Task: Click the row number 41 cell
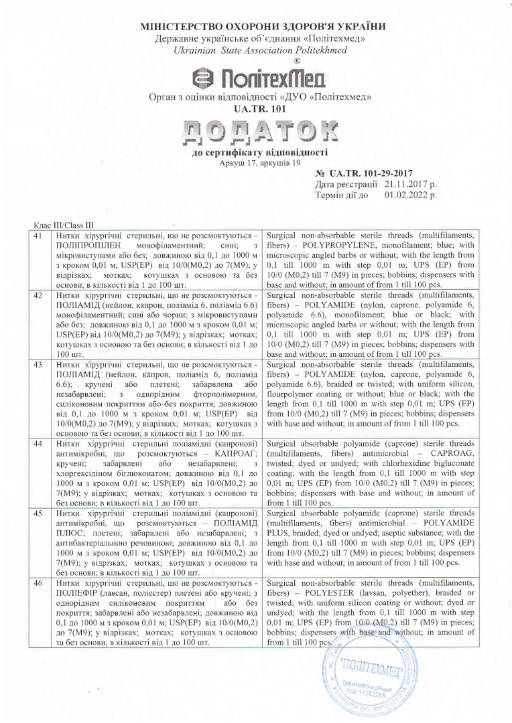(39, 237)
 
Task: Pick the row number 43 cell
(39, 365)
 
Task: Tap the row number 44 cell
(39, 443)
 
